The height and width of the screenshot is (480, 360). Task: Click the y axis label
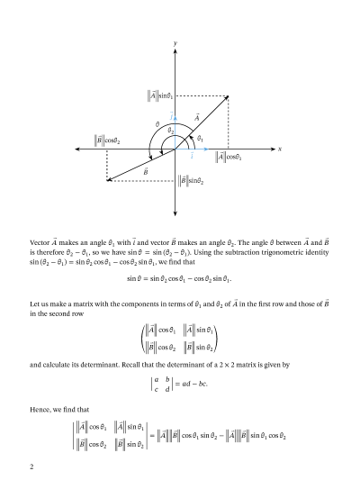click(175, 42)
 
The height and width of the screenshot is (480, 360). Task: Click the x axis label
click(281, 149)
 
